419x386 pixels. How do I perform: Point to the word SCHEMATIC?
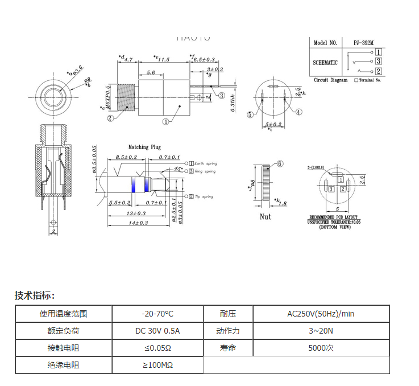[325, 63]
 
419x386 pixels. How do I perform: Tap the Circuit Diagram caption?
[330, 81]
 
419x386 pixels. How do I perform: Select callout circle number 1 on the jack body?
[165, 121]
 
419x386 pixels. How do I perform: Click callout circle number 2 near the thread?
[111, 118]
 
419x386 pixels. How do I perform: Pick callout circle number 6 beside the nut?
[280, 164]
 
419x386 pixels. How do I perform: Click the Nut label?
[265, 216]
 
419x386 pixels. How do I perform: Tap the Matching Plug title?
[144, 147]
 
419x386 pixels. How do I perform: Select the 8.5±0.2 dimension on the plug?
[126, 157]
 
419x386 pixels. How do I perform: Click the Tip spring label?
[204, 196]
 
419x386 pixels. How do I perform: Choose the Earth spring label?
[205, 163]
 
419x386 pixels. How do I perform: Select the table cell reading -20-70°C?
[157, 314]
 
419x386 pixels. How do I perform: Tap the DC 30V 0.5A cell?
[157, 331]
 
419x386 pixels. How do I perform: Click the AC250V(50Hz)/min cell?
[321, 314]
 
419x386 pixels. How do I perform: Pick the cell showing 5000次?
[321, 348]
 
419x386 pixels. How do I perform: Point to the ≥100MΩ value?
[157, 364]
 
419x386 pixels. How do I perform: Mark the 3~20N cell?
[321, 331]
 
